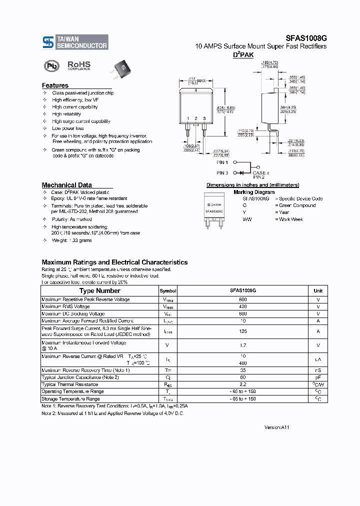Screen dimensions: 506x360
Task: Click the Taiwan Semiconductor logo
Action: coord(75,42)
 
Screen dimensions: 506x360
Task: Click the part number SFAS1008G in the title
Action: coord(306,37)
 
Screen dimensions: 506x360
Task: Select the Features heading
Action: coord(55,85)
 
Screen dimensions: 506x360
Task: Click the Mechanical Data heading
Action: coord(66,185)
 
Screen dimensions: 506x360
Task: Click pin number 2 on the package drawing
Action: coord(196,118)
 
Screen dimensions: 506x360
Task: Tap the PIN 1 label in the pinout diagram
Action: coord(222,162)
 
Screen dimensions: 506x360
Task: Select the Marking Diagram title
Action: coord(254,192)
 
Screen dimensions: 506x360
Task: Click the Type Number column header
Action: coord(100,290)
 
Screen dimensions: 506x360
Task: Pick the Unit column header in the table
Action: coord(318,290)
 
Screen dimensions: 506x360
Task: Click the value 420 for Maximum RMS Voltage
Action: coord(243,306)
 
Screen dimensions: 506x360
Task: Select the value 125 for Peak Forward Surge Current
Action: coord(243,331)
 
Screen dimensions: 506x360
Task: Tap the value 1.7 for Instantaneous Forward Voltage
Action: coord(243,345)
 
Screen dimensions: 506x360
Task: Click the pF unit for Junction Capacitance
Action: coord(318,377)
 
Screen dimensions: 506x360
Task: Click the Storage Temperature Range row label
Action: coord(70,398)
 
